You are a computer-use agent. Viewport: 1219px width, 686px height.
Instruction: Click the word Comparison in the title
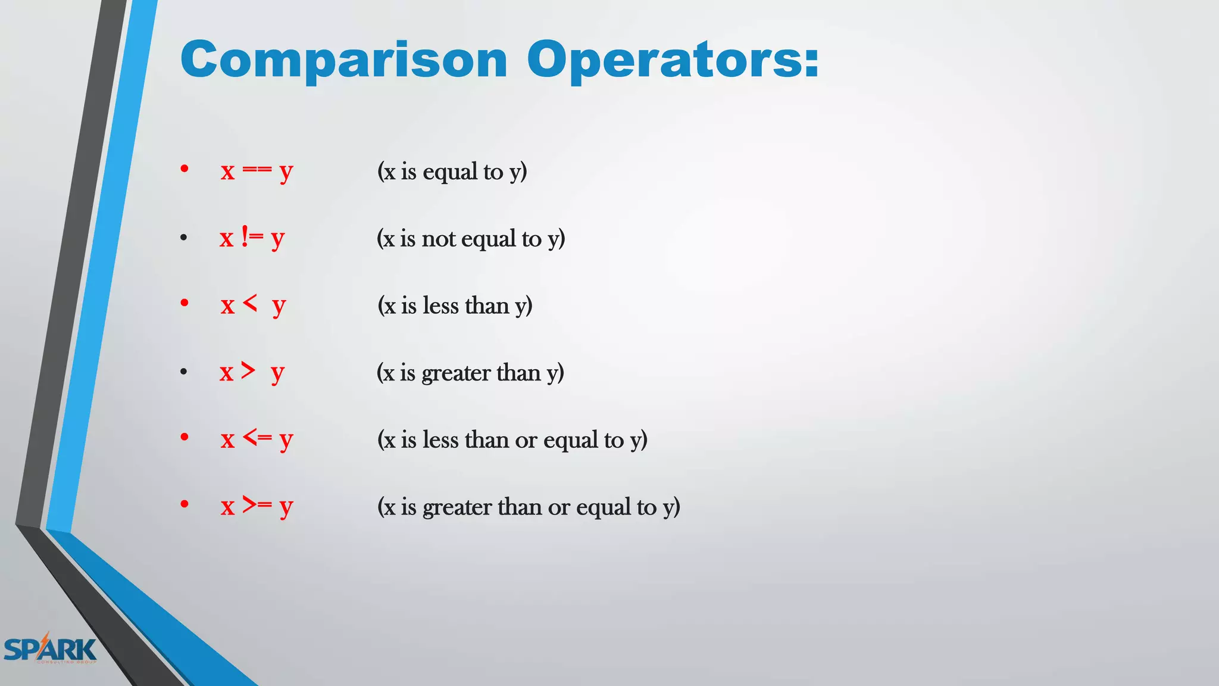pyautogui.click(x=344, y=60)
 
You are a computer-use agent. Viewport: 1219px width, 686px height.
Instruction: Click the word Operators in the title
pyautogui.click(x=664, y=60)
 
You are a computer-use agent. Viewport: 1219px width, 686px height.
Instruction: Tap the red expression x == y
pyautogui.click(x=257, y=171)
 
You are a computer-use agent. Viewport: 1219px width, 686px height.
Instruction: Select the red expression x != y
pyautogui.click(x=252, y=238)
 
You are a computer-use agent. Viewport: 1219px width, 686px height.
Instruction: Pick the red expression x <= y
pyautogui.click(x=257, y=440)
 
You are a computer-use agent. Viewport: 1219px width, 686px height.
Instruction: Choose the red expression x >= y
pyautogui.click(x=257, y=507)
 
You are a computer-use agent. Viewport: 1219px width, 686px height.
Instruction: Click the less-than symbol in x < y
pyautogui.click(x=250, y=304)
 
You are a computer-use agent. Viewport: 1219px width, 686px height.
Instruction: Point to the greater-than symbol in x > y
pyautogui.click(x=248, y=371)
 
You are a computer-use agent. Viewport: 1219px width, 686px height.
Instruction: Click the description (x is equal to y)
pyautogui.click(x=452, y=171)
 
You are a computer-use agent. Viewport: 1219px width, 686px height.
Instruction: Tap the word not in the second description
pyautogui.click(x=439, y=239)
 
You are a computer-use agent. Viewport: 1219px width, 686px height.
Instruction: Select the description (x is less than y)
pyautogui.click(x=455, y=306)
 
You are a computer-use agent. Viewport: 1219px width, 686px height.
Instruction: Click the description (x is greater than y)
pyautogui.click(x=470, y=373)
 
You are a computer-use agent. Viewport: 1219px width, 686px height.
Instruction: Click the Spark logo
pyautogui.click(x=50, y=649)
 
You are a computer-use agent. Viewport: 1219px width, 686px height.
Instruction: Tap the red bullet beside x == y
pyautogui.click(x=185, y=169)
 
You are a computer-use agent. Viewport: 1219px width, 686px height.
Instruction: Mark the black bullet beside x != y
pyautogui.click(x=184, y=238)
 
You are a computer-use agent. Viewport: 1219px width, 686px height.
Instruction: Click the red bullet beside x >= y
pyautogui.click(x=185, y=504)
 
